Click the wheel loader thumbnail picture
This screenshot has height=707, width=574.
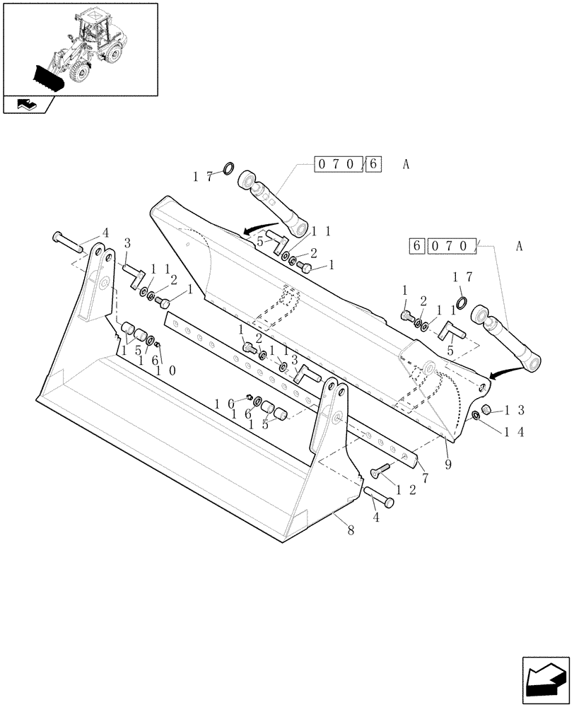point(79,48)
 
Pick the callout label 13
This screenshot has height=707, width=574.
point(514,410)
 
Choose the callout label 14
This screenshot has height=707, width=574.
point(514,433)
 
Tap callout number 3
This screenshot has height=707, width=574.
point(127,243)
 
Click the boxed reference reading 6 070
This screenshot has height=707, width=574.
point(442,247)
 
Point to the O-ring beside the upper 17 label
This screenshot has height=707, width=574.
point(229,168)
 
